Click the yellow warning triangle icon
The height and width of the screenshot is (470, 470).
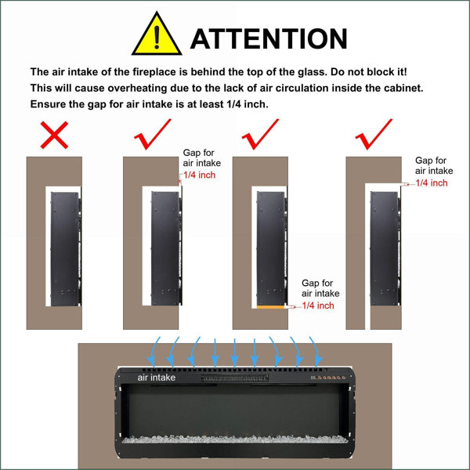tap(157, 34)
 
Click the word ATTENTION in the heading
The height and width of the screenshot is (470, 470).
tap(269, 38)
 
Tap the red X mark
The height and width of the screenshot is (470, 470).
tap(54, 135)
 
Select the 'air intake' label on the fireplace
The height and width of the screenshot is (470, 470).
tap(157, 378)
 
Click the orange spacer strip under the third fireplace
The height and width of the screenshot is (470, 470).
tap(270, 307)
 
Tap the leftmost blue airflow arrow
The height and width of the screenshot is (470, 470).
tap(154, 352)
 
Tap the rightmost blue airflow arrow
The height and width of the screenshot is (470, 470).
tap(316, 352)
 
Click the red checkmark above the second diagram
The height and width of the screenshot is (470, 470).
tap(153, 134)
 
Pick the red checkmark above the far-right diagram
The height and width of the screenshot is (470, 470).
tap(374, 134)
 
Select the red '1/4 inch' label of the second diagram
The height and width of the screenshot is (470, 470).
tap(199, 175)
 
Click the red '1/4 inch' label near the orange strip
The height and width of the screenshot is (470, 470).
tap(318, 305)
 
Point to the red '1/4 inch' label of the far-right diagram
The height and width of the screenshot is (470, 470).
tap(432, 183)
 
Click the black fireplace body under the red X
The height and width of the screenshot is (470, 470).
tap(66, 249)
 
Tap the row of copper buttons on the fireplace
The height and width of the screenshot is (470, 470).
tap(331, 378)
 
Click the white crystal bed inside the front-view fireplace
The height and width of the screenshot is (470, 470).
tap(235, 439)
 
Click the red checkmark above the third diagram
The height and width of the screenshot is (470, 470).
tap(261, 134)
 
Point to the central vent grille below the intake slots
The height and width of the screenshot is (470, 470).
tap(235, 378)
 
